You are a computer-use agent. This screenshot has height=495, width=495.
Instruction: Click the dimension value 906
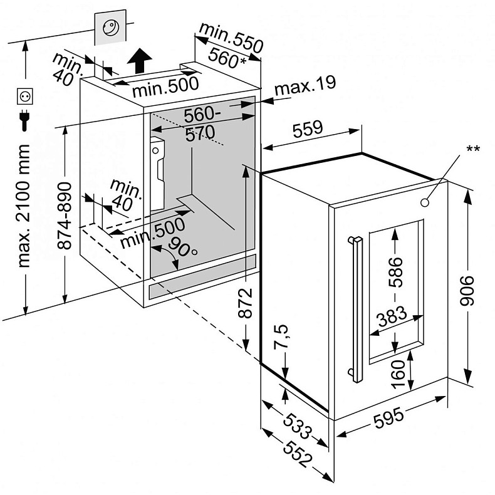point(467,291)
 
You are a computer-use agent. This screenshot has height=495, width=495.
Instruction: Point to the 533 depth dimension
point(298,426)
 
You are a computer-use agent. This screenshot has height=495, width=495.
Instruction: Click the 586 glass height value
point(396,272)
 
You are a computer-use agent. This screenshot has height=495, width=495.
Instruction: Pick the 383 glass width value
point(392,316)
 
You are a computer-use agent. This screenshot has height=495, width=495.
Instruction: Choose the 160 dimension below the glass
point(398,374)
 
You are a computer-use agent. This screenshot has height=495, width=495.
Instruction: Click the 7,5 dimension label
point(281,336)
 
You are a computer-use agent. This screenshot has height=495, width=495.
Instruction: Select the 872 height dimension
point(245,303)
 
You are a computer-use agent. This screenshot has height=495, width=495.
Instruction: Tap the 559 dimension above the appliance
point(308,129)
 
